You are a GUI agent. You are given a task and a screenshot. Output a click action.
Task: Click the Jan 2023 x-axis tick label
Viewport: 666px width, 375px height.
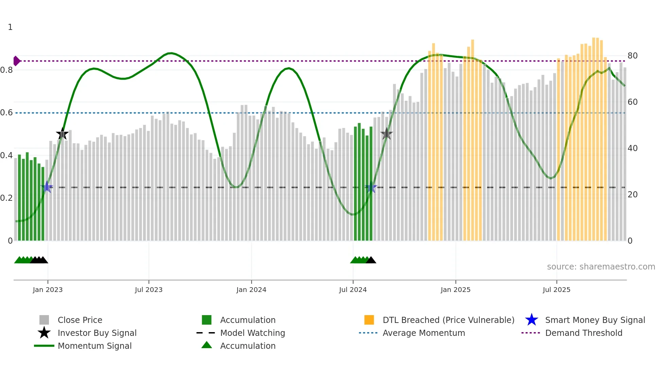pos(48,290)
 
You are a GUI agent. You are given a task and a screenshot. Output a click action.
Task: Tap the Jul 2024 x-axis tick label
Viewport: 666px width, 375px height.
pos(353,290)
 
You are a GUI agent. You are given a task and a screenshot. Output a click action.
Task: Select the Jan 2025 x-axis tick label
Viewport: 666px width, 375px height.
pos(455,290)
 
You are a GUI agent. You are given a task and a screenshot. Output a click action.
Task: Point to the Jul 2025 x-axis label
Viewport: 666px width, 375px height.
pos(556,290)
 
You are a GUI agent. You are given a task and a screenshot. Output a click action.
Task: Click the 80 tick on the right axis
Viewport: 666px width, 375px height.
pos(632,56)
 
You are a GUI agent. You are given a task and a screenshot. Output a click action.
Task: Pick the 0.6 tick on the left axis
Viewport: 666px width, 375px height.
pos(6,113)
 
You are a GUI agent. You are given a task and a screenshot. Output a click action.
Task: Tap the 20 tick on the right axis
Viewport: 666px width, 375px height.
pos(632,195)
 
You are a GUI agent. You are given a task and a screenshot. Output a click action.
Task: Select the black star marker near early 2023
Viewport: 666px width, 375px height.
pos(62,134)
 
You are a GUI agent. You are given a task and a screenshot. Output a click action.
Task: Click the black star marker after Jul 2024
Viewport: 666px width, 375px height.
pos(386,134)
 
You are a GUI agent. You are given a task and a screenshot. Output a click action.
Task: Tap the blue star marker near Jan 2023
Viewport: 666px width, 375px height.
pos(47,187)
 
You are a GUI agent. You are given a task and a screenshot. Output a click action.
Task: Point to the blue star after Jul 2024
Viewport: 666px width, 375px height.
pos(371,187)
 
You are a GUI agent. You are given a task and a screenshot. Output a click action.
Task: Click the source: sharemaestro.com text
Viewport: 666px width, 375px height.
pos(601,267)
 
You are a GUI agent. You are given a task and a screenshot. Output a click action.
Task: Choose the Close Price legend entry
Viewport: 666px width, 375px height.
pos(80,320)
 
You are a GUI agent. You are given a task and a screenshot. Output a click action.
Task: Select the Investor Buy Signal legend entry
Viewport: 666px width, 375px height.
pos(97,333)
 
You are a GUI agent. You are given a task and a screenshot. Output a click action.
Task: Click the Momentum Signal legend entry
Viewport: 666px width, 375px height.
pos(94,346)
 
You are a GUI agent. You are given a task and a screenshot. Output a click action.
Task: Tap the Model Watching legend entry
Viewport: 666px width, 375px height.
pos(252,333)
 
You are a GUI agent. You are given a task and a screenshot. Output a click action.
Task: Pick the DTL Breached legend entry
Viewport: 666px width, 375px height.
pos(448,320)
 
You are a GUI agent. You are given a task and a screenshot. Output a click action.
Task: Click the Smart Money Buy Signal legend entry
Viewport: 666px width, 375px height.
pos(595,320)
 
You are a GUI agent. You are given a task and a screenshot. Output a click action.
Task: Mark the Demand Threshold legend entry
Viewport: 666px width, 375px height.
pos(583,333)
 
